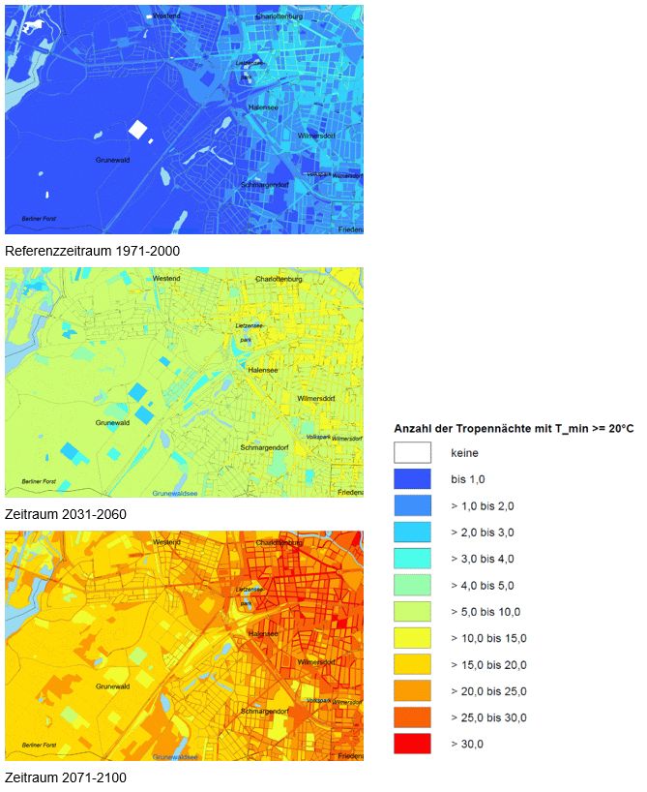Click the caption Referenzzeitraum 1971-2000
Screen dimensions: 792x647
tap(92, 250)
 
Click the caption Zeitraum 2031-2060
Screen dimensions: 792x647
tap(65, 513)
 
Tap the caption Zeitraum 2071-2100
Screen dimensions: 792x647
tap(65, 777)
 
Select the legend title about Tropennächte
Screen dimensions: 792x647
tap(514, 428)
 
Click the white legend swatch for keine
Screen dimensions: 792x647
tap(412, 452)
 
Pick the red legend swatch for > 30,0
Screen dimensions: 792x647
tap(412, 744)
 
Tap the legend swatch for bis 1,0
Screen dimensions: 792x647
tap(412, 478)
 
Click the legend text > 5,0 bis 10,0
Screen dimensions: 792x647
tap(485, 611)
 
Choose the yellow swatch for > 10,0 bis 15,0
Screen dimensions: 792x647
tap(412, 637)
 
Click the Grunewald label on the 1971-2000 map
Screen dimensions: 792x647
tap(112, 159)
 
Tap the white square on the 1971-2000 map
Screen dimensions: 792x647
tap(137, 129)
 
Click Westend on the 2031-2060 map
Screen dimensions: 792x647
tap(166, 278)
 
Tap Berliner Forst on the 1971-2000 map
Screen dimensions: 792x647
tap(39, 219)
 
